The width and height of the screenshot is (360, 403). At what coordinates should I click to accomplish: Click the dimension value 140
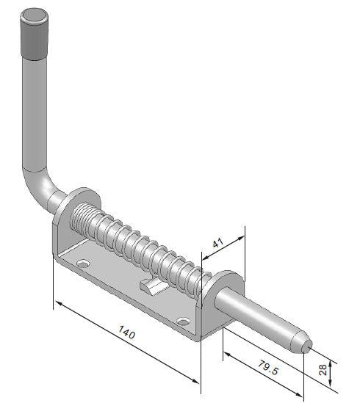click(x=127, y=335)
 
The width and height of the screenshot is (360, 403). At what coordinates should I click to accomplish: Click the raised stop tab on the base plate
click(x=151, y=286)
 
